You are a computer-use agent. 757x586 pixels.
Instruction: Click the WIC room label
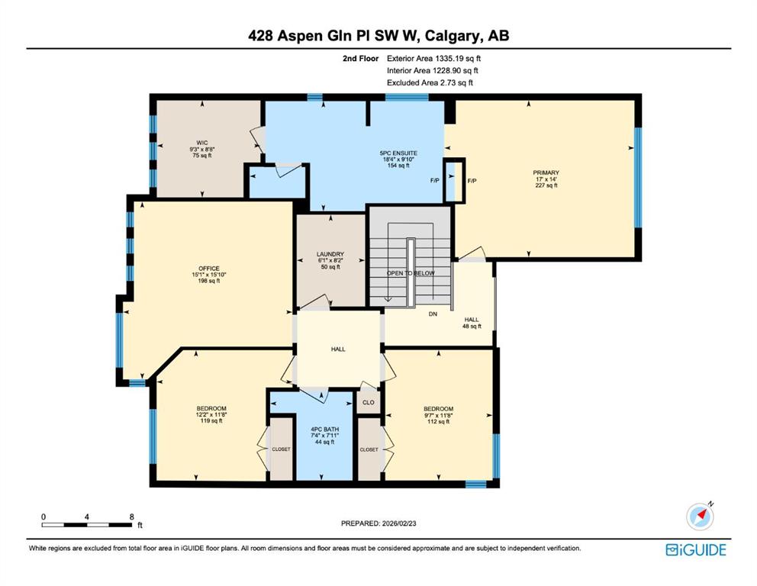(201, 143)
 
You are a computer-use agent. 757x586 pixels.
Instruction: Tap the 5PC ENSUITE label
(398, 153)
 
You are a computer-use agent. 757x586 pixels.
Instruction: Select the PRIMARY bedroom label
(546, 172)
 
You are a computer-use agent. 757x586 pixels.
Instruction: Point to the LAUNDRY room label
(330, 254)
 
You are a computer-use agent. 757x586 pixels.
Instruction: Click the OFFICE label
(208, 269)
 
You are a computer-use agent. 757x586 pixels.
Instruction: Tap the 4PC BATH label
(324, 429)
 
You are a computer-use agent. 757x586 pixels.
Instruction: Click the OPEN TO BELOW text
(411, 273)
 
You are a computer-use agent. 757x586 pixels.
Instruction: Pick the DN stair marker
(433, 314)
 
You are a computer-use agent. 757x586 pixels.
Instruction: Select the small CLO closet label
(369, 402)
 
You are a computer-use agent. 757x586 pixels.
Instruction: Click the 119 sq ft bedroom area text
(211, 421)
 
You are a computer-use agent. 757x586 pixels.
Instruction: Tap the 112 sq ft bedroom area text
(438, 421)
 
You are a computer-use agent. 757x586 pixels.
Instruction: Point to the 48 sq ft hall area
(472, 327)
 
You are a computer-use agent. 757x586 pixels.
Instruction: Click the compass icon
(700, 516)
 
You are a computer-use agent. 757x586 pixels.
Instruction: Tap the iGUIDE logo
(696, 550)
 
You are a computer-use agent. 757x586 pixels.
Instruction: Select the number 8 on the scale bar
(132, 517)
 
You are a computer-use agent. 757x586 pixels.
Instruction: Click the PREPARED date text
(378, 523)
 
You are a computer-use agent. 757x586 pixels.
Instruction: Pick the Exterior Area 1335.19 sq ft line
(433, 59)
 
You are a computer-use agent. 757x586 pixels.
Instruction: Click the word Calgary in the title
(453, 36)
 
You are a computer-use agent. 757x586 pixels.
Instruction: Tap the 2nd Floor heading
(361, 59)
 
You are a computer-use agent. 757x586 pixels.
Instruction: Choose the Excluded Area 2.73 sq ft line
(430, 82)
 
